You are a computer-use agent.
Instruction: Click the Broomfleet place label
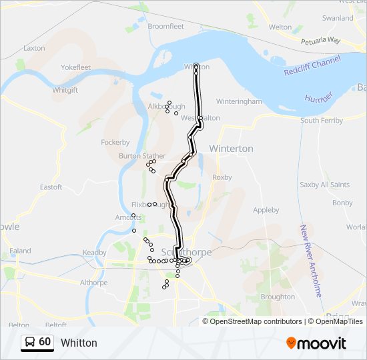point(165,26)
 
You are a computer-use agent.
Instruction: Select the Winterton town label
point(231,148)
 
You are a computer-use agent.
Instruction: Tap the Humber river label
point(318,97)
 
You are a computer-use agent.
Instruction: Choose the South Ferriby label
point(322,121)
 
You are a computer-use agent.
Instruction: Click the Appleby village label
point(266,209)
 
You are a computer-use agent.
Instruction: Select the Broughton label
point(278,297)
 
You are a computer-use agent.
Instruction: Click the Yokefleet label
point(75,67)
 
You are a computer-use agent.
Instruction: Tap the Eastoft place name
point(51,187)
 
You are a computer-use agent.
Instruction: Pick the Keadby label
point(94,253)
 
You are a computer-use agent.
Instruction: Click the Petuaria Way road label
point(322,41)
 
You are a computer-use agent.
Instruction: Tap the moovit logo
point(316,343)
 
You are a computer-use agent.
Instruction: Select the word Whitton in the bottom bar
point(79,343)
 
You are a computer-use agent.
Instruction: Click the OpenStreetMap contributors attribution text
point(256,321)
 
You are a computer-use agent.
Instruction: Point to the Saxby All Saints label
point(325,185)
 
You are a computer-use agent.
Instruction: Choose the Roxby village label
point(222,177)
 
